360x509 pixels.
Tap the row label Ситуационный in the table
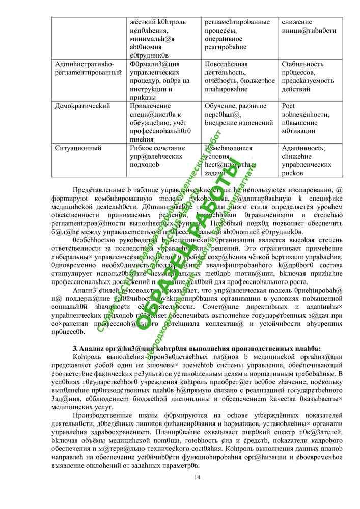coord(78,148)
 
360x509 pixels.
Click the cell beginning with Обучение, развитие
coord(239,114)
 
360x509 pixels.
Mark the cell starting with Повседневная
coord(240,76)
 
